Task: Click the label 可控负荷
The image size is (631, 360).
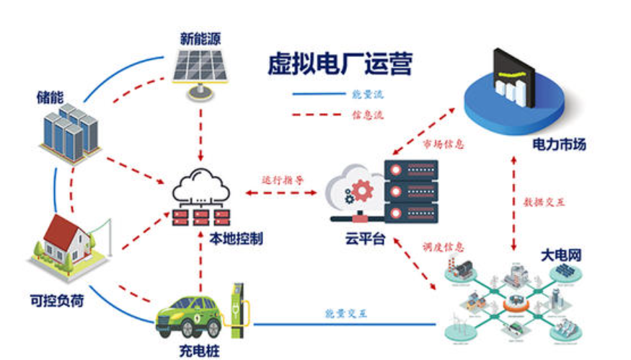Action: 56,299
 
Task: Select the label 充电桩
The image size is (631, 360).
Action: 198,351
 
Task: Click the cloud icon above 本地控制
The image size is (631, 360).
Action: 201,188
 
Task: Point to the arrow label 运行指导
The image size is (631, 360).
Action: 283,179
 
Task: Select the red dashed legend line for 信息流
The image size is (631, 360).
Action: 317,114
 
